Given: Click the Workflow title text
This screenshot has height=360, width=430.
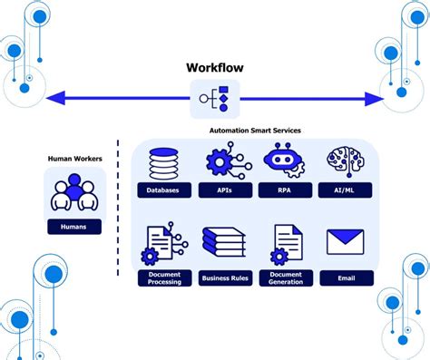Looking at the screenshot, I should pos(215,68).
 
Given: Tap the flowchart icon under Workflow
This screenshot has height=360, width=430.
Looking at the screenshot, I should pos(215,98).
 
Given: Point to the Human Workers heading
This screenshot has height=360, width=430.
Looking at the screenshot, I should pos(74,159).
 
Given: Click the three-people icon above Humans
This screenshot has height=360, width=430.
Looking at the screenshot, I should pos(74,190).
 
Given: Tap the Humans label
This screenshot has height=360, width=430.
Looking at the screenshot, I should pos(74,226).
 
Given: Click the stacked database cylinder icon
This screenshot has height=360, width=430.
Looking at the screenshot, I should pos(164,163).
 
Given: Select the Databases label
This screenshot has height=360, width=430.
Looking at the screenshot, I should pos(164,190).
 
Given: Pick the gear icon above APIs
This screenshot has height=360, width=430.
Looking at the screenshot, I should pos(222,163).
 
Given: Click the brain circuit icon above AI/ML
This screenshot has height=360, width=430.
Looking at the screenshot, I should pos(343,163).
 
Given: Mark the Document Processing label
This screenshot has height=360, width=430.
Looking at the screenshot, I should pos(164,278).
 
